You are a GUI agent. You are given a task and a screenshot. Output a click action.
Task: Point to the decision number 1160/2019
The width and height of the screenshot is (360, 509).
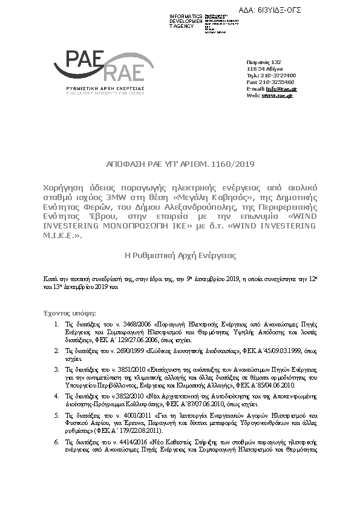[235, 164]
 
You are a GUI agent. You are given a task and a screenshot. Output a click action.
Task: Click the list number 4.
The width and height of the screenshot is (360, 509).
[56, 395]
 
